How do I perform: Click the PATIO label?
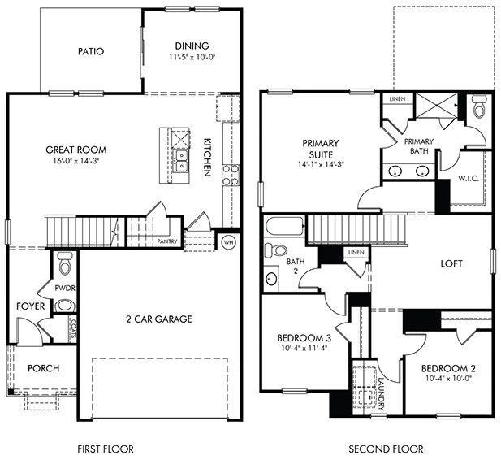click(91, 51)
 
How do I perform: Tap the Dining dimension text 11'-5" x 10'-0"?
click(192, 59)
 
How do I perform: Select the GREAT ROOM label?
click(76, 150)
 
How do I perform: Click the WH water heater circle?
click(229, 241)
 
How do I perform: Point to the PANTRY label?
click(167, 241)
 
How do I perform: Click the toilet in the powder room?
click(66, 263)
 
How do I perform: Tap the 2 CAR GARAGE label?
click(158, 319)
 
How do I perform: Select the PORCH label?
click(44, 368)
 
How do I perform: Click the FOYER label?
click(31, 306)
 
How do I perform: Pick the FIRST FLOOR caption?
click(105, 449)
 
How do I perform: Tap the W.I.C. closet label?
click(469, 178)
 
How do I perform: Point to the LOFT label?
click(451, 263)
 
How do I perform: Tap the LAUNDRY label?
click(380, 388)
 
